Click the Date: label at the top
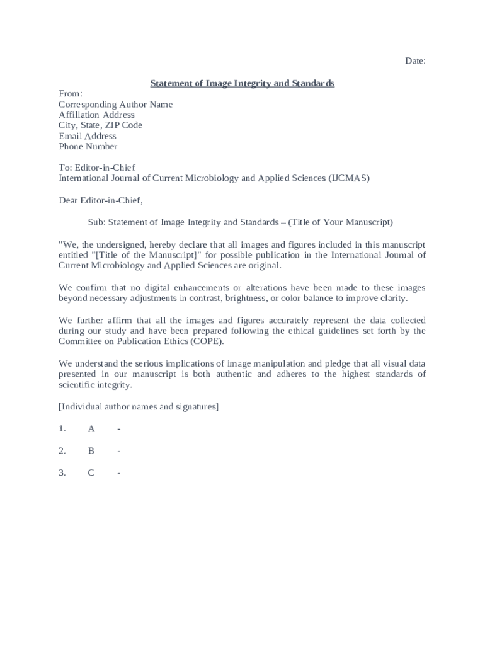pos(415,61)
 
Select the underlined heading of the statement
pos(242,83)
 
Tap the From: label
pos(71,94)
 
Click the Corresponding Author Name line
pos(115,105)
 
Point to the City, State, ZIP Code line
pos(100,125)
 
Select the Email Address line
pos(88,136)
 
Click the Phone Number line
pos(88,147)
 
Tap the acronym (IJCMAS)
pos(348,178)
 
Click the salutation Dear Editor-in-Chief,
pos(101,201)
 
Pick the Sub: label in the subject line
pos(97,222)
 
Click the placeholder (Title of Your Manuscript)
pos(341,222)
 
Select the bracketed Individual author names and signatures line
pos(139,407)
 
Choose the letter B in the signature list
pos(91,451)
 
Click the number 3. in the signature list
pos(62,473)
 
